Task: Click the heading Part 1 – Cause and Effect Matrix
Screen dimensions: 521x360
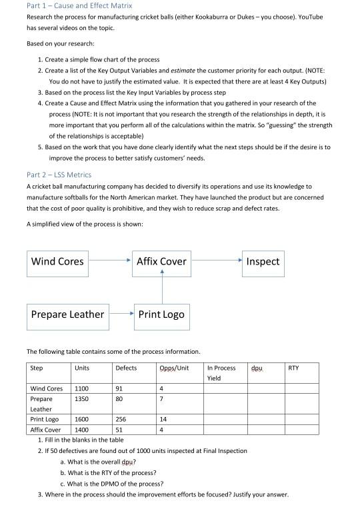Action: (x=79, y=5)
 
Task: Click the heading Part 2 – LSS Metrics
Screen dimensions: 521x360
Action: (x=59, y=175)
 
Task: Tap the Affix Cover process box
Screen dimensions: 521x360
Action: (x=161, y=261)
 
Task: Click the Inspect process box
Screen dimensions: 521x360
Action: (x=263, y=261)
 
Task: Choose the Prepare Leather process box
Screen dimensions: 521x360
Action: (x=68, y=314)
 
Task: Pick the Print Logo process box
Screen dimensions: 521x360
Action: (x=161, y=314)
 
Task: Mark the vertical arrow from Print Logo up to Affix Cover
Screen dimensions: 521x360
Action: (x=161, y=286)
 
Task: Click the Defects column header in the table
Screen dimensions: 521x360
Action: (x=126, y=368)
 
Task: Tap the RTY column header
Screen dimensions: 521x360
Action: (x=293, y=368)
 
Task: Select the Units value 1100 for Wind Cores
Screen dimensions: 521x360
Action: (x=82, y=388)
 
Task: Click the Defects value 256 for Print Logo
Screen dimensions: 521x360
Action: (x=121, y=420)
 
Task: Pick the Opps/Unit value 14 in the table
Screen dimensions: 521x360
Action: (x=164, y=420)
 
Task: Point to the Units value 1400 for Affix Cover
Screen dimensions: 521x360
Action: (x=82, y=430)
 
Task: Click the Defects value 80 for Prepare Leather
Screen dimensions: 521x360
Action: (x=119, y=399)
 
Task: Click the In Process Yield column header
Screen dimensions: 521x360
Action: (x=221, y=372)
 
